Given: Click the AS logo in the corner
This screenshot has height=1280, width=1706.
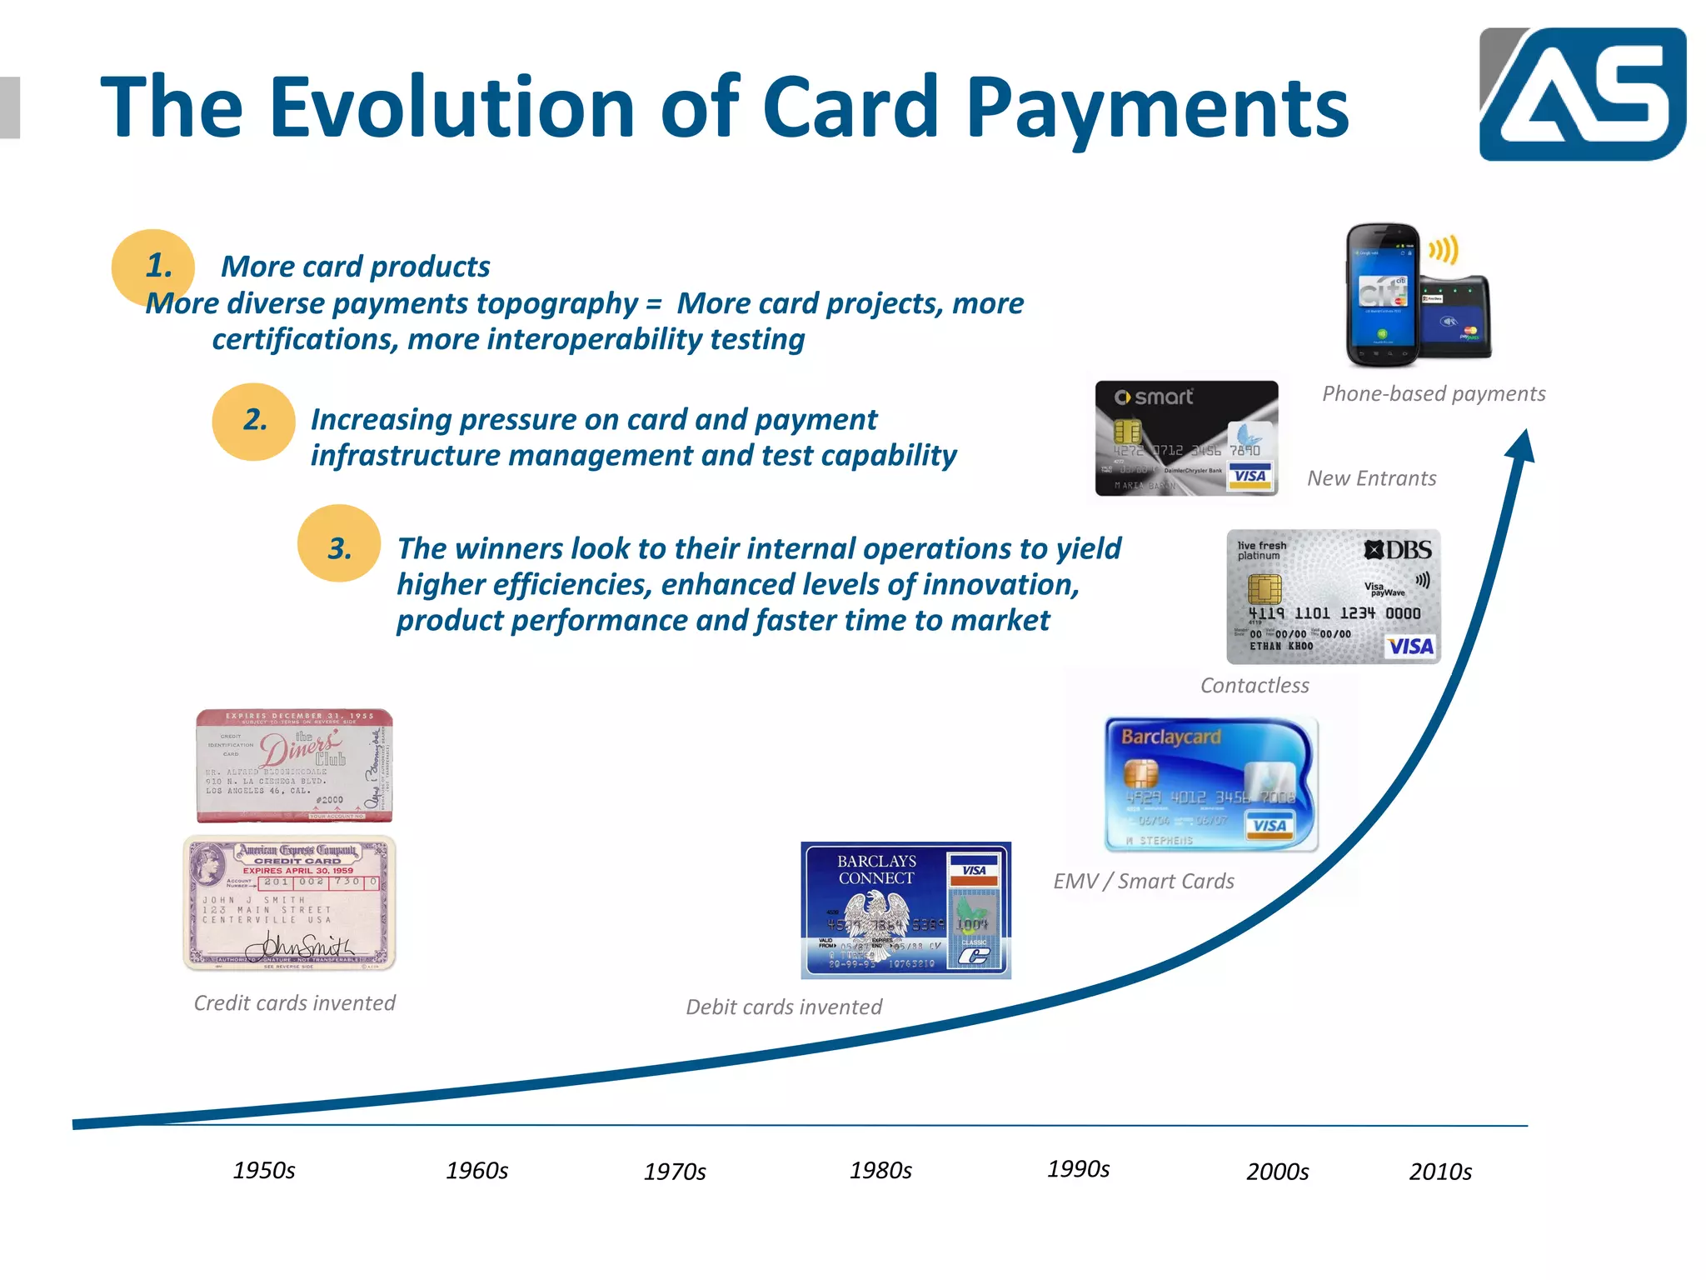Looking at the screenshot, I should point(1582,93).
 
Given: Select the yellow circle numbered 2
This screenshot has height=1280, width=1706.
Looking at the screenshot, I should point(253,422).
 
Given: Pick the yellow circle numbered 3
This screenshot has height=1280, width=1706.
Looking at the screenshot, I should point(339,544).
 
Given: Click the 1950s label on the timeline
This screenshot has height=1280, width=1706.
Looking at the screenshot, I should point(264,1171).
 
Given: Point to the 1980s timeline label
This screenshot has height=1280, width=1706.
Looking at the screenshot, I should point(880,1171).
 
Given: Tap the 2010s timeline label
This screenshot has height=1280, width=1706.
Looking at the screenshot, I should point(1440,1172).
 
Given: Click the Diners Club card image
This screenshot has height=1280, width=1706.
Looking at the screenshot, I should point(294,765).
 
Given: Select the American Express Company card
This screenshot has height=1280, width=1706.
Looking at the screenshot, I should point(289,903).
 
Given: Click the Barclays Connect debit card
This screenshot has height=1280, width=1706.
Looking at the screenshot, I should point(905,910).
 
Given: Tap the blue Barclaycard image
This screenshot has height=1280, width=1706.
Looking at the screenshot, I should point(1211,784).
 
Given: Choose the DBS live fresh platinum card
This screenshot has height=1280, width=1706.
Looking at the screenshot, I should point(1333,597).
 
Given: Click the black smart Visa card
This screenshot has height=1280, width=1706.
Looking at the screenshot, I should point(1186,438).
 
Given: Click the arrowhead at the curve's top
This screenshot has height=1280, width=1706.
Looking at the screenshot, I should point(1522,445).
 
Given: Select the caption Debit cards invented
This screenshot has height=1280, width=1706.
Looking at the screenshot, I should point(784,1007).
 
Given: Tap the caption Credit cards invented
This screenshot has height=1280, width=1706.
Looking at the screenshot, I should point(295,1003).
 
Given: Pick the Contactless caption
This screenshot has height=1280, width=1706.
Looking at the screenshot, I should point(1255,686).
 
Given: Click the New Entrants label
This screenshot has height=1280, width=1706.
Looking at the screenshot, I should point(1371,478).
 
